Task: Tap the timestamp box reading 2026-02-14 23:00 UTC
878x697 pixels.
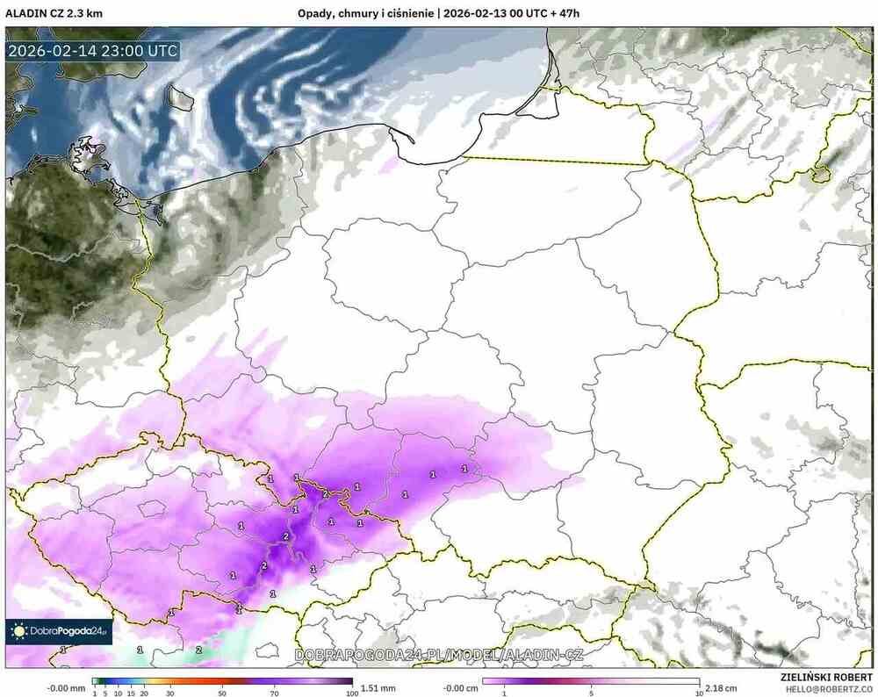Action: click(x=92, y=50)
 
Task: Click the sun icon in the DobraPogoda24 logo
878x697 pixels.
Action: click(x=18, y=631)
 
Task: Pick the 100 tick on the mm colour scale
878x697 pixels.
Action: click(x=351, y=693)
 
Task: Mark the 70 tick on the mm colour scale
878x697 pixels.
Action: click(x=274, y=693)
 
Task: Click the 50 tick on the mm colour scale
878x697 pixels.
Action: click(x=222, y=693)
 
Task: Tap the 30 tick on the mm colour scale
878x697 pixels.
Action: click(x=170, y=693)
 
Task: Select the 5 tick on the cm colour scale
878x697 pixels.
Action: click(x=591, y=693)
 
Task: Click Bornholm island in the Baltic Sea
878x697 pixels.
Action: click(x=183, y=97)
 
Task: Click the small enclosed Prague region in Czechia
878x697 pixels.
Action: click(x=153, y=508)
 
